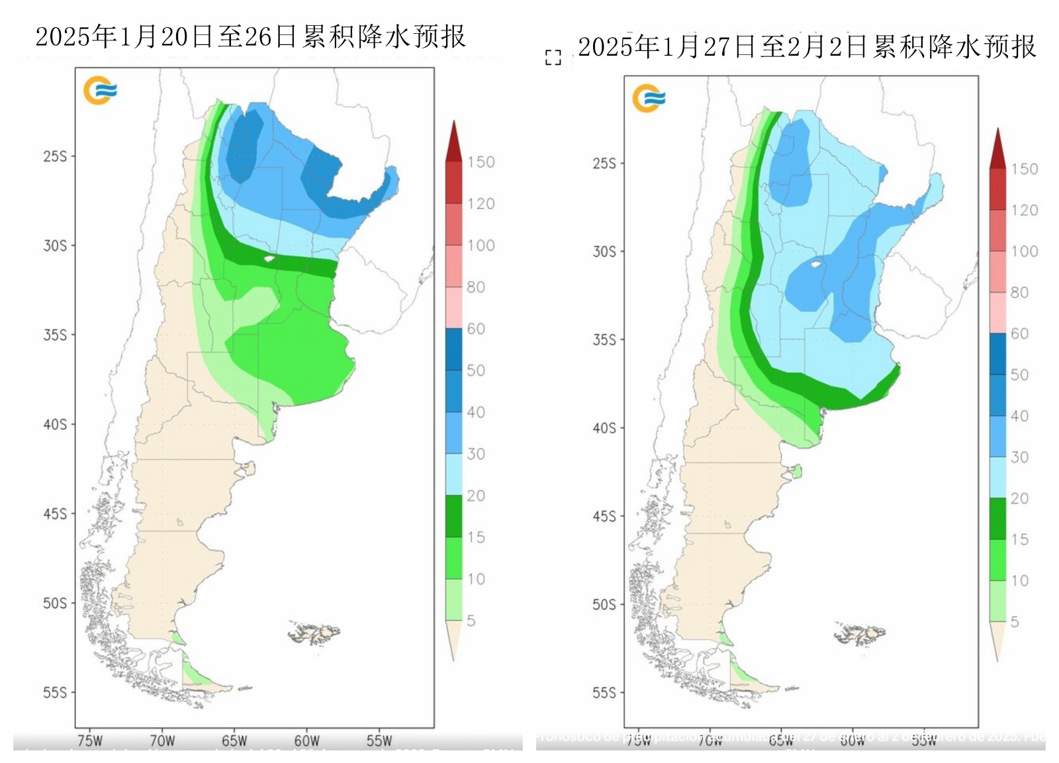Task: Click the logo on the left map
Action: coord(100,91)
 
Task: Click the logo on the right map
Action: coord(648,99)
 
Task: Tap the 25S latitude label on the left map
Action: coord(55,156)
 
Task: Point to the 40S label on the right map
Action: coord(604,428)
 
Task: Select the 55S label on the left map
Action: coord(55,693)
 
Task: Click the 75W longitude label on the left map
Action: coord(90,740)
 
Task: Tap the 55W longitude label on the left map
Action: coord(379,740)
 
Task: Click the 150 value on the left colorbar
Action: coord(481,162)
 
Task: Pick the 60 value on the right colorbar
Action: coord(1019,334)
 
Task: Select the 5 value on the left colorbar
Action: coord(471,621)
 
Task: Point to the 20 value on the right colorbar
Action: coord(1019,498)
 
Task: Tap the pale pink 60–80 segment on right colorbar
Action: coord(998,313)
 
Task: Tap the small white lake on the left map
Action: coord(269,258)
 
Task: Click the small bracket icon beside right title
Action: coord(553,58)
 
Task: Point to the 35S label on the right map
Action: coord(604,340)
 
